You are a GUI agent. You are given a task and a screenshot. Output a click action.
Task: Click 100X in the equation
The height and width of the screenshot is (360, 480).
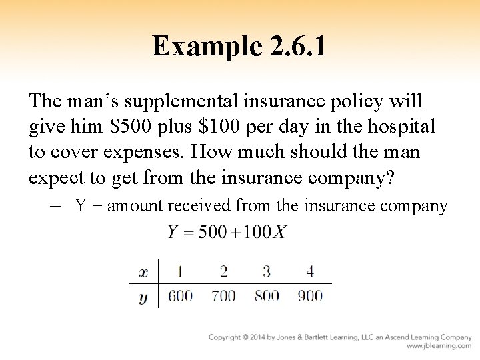tap(266, 232)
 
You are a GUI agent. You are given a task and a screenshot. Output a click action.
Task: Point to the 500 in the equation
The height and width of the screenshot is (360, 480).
tap(213, 232)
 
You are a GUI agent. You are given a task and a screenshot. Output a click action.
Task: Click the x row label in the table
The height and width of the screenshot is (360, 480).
tap(143, 272)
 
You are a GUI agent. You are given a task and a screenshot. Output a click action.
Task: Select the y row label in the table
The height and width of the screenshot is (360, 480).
tap(143, 297)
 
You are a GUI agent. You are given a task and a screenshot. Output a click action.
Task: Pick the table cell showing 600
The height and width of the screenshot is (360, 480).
tap(180, 296)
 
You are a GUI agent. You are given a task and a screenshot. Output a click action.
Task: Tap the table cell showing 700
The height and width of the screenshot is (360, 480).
tap(223, 296)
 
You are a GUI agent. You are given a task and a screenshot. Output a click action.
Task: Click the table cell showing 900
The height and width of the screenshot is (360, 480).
tap(310, 296)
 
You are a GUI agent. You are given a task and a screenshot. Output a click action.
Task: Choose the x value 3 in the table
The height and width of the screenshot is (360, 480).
tap(267, 271)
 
